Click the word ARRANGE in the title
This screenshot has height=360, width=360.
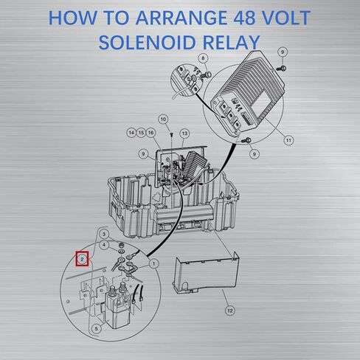[181, 18]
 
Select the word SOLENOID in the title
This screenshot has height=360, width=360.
[148, 43]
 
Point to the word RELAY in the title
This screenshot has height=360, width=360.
[231, 43]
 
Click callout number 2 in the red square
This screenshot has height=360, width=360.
[82, 259]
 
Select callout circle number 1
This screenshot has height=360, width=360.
[154, 264]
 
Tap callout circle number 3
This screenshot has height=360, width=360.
[104, 234]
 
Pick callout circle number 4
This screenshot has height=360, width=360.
[104, 245]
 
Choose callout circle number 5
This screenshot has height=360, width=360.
[96, 328]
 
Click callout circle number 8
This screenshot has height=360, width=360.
[203, 58]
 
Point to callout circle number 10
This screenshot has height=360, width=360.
[163, 120]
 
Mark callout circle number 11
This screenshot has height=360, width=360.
[288, 140]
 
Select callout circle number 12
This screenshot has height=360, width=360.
[230, 311]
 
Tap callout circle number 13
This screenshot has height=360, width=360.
[184, 134]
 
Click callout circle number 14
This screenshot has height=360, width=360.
[131, 133]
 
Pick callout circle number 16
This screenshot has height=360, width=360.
[150, 133]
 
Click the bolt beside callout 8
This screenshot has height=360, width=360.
[206, 75]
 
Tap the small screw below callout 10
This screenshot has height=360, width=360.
[171, 134]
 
